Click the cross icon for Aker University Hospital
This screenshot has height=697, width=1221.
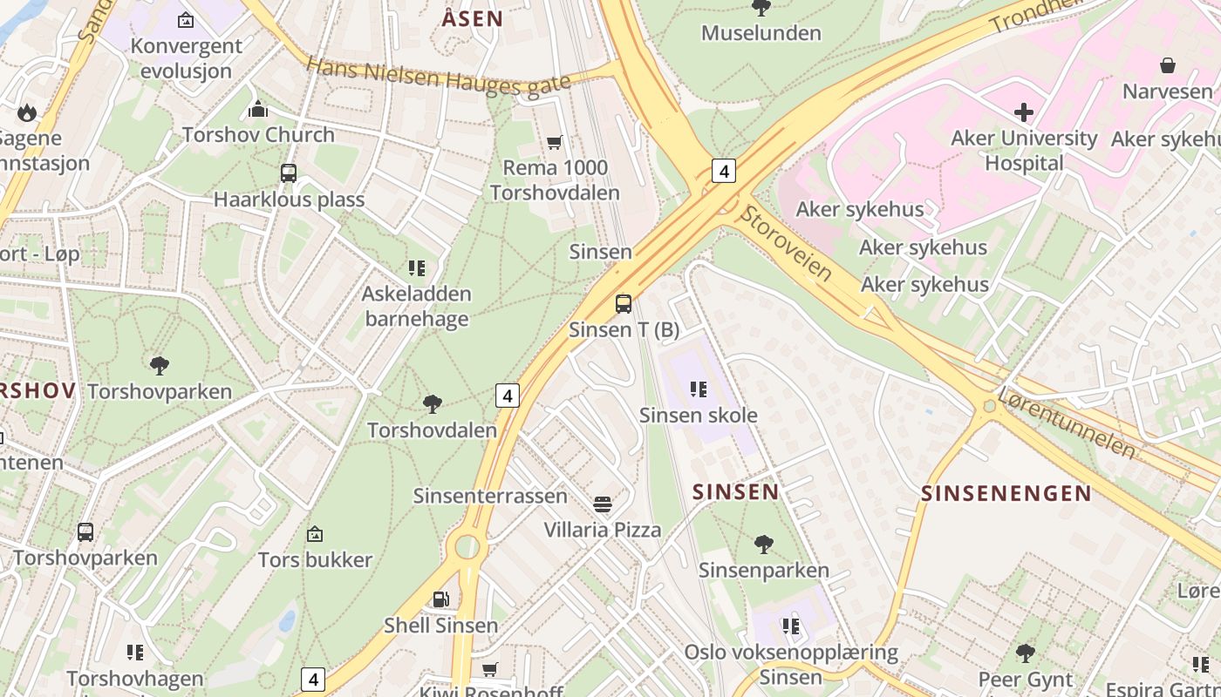pyautogui.click(x=1024, y=112)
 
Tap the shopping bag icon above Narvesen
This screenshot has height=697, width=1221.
pyautogui.click(x=1167, y=65)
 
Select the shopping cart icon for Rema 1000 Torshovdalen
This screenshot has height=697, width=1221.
pyautogui.click(x=554, y=142)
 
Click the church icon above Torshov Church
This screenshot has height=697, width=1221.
pyautogui.click(x=257, y=109)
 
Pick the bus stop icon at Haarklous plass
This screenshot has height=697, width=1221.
pyautogui.click(x=289, y=173)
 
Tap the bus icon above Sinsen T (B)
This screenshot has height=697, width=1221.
pyautogui.click(x=623, y=304)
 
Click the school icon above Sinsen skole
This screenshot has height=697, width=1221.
pyautogui.click(x=698, y=389)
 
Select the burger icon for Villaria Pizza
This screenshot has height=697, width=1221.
pyautogui.click(x=602, y=504)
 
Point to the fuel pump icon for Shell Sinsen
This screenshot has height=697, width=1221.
pyautogui.click(x=441, y=599)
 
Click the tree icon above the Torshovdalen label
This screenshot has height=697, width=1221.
pyautogui.click(x=432, y=403)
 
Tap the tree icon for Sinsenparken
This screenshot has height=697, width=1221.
pyautogui.click(x=763, y=545)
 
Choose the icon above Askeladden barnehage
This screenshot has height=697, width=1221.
pyautogui.click(x=417, y=267)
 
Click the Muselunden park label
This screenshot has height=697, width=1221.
pyautogui.click(x=761, y=33)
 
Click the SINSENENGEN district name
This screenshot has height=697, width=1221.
pyautogui.click(x=1006, y=493)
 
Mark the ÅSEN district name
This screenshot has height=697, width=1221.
pyautogui.click(x=472, y=18)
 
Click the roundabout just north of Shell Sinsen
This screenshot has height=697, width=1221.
pyautogui.click(x=467, y=547)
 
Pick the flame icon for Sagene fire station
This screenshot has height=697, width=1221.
pyautogui.click(x=26, y=112)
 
